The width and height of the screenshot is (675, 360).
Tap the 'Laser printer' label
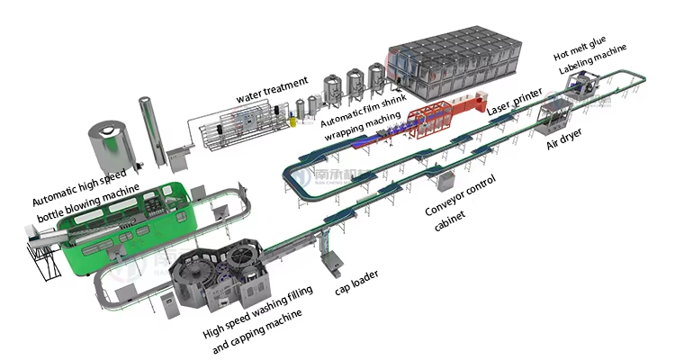(516, 100)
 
